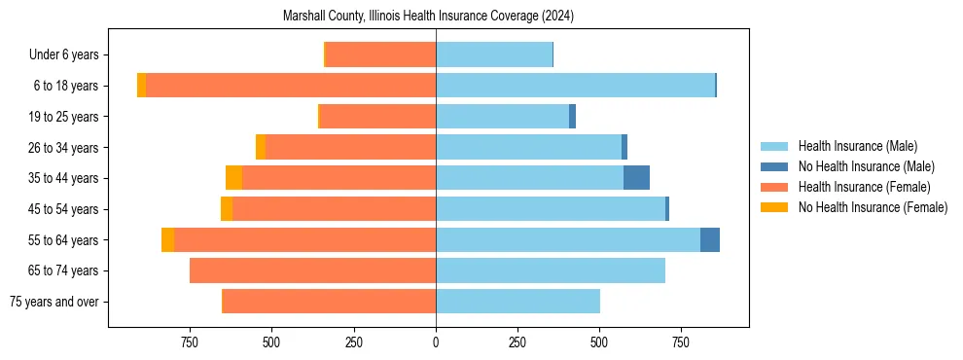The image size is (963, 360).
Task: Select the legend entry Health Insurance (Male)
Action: pos(857,146)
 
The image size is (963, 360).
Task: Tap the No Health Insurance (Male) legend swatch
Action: pos(774,166)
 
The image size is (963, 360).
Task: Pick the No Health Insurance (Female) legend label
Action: pos(873,207)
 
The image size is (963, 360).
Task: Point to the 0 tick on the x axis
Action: pos(436,342)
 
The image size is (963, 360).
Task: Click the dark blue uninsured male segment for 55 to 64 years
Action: pos(710,239)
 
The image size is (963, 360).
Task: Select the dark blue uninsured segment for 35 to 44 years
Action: pos(636,178)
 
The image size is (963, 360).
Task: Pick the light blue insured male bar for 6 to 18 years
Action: pos(575,86)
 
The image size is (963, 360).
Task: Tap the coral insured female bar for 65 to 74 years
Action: pos(312,270)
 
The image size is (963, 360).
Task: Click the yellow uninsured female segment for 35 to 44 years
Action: pos(233,178)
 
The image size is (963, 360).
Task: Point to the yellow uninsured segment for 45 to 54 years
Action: pos(227,209)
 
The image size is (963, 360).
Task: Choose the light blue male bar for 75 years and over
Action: pos(517,302)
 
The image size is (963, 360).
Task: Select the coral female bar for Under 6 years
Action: pos(380,55)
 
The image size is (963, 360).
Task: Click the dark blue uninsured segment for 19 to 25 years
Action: pos(573,117)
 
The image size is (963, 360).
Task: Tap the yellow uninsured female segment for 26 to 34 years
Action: pos(261,147)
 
